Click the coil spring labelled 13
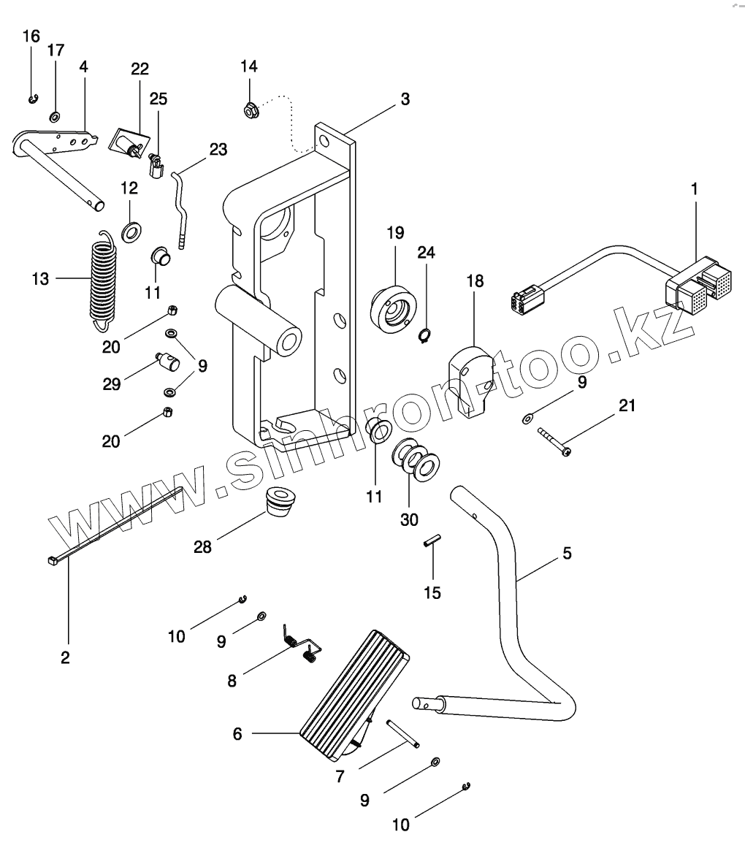tap(104, 278)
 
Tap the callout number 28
tap(202, 546)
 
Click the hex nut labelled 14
tap(248, 112)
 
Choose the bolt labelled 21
tap(555, 443)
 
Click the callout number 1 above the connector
tap(694, 188)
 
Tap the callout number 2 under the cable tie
tap(65, 657)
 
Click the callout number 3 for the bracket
tap(405, 99)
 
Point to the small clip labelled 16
tap(33, 99)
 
